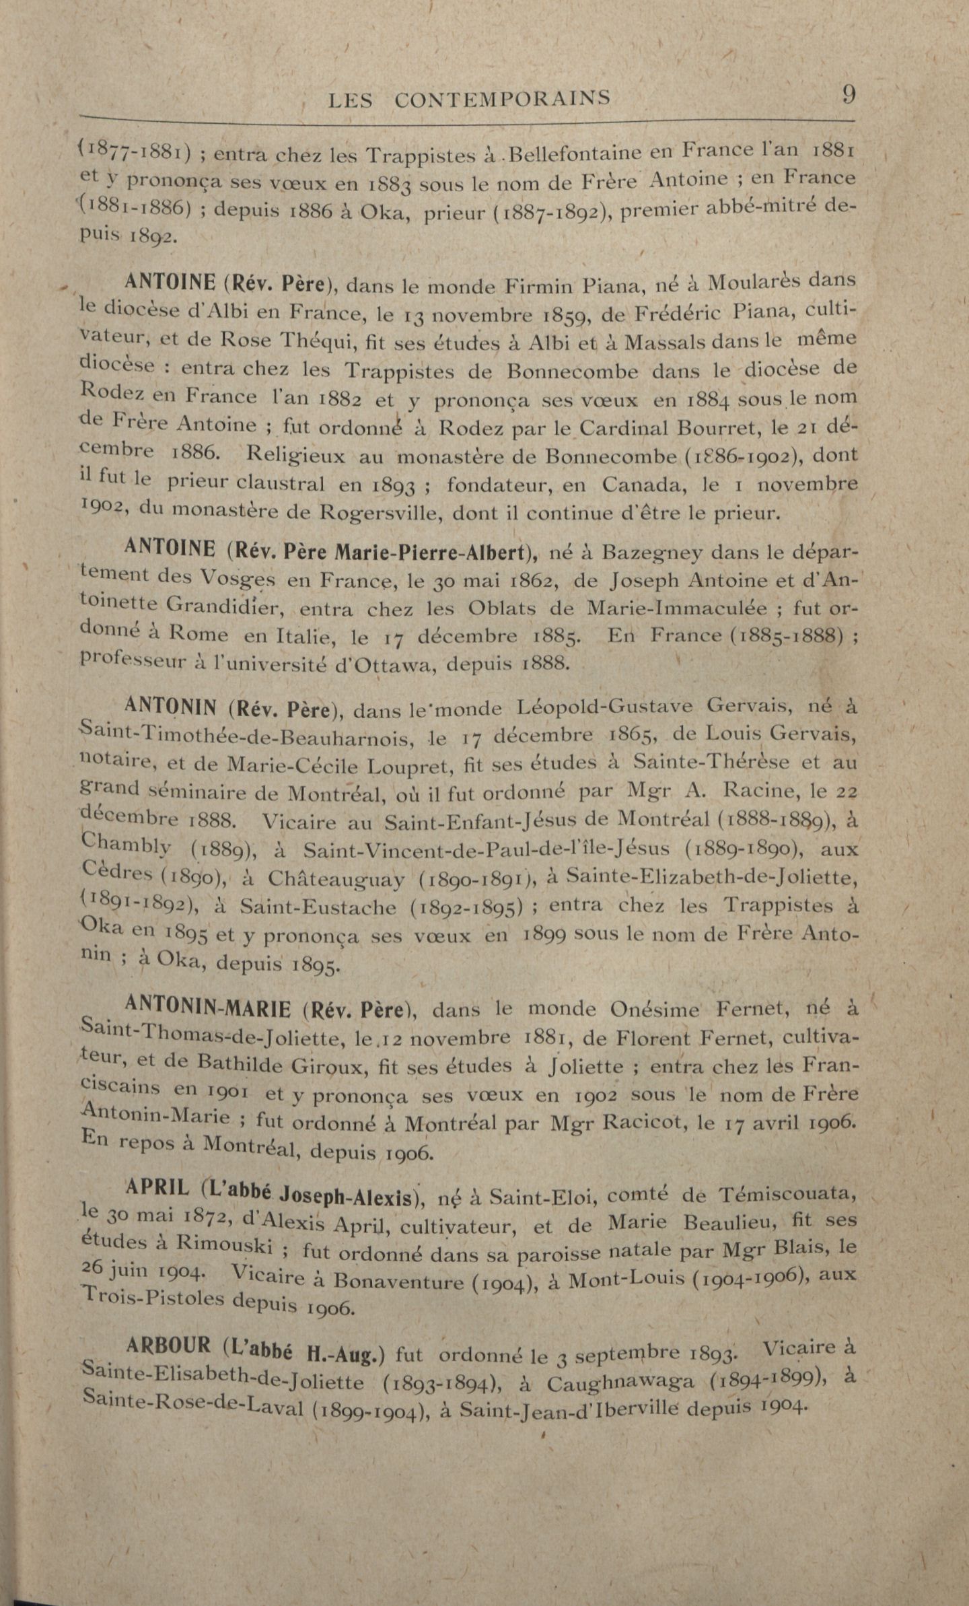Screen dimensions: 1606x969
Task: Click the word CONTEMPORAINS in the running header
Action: pyautogui.click(x=503, y=100)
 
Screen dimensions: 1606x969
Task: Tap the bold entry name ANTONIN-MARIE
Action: pyautogui.click(x=208, y=1008)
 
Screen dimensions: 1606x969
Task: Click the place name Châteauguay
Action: pyautogui.click(x=336, y=879)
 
